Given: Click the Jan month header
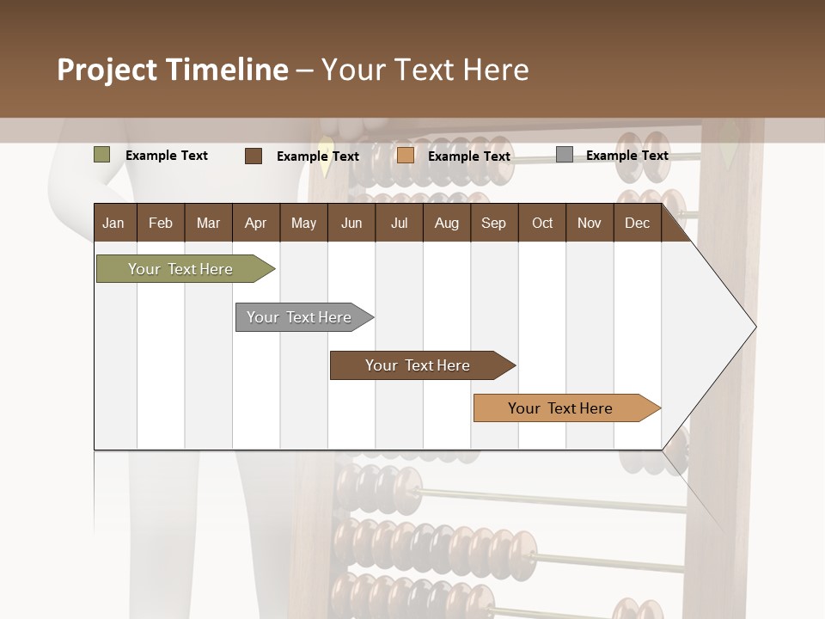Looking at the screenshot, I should pos(113,223).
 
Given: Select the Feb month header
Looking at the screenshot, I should pos(161,223).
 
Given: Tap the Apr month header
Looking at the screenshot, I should pos(255,223).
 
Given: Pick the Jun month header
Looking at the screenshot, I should pos(351,223).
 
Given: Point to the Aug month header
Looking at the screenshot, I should pos(446,223).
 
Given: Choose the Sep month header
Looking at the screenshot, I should pos(493,223).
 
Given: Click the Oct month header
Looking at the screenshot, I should pos(542,223).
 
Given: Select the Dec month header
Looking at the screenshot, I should pos(637,223).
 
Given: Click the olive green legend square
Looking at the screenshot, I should pos(102,155).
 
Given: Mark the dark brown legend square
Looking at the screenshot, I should pos(254,156).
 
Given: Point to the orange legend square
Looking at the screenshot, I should pos(406,156).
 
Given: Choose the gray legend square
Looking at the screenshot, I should pos(565,155).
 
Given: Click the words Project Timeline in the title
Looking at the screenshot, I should pos(172,70).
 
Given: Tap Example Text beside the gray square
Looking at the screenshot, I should pos(626,156).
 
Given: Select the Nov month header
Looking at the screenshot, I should pos(590,223).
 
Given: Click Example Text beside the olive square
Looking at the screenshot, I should pos(167,156).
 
